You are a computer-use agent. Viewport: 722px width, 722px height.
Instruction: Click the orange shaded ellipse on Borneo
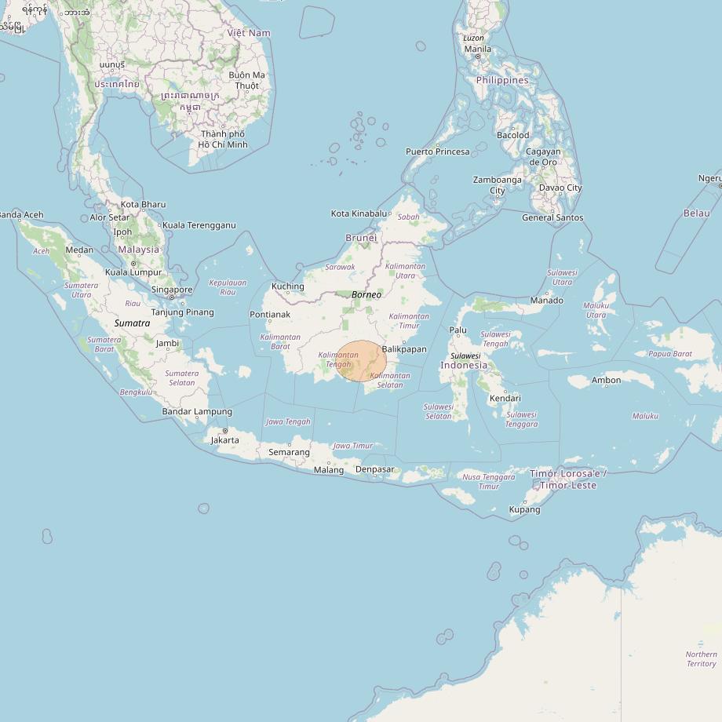pyautogui.click(x=361, y=361)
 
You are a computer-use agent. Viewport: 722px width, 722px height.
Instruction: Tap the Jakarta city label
pyautogui.click(x=224, y=440)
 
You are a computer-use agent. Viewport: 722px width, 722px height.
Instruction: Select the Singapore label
pyautogui.click(x=172, y=290)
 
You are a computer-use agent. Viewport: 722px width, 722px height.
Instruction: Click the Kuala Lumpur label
pyautogui.click(x=133, y=272)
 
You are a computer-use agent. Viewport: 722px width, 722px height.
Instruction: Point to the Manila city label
pyautogui.click(x=477, y=49)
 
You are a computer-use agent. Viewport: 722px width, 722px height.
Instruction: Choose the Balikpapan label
pyautogui.click(x=404, y=349)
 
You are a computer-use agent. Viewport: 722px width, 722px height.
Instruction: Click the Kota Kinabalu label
pyautogui.click(x=359, y=213)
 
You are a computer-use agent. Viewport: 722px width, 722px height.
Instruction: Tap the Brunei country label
pyautogui.click(x=361, y=238)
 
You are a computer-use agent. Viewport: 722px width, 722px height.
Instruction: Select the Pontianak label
pyautogui.click(x=269, y=315)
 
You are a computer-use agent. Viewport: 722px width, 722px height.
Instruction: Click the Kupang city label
pyautogui.click(x=524, y=509)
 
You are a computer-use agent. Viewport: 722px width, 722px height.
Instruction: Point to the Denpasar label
pyautogui.click(x=374, y=469)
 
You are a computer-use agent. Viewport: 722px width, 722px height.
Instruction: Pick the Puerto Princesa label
pyautogui.click(x=437, y=151)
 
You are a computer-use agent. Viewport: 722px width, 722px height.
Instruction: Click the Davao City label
pyautogui.click(x=560, y=188)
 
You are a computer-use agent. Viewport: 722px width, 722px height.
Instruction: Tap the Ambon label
pyautogui.click(x=606, y=381)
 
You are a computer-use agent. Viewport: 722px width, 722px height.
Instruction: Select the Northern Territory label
pyautogui.click(x=701, y=659)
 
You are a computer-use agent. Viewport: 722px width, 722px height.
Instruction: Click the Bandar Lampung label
pyautogui.click(x=197, y=411)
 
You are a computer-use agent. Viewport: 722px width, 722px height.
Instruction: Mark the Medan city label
pyautogui.click(x=79, y=250)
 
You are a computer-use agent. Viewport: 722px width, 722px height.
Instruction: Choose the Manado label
pyautogui.click(x=546, y=301)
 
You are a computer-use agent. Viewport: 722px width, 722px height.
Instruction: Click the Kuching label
pyautogui.click(x=287, y=286)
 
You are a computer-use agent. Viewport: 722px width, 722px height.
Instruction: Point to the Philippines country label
pyautogui.click(x=502, y=80)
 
